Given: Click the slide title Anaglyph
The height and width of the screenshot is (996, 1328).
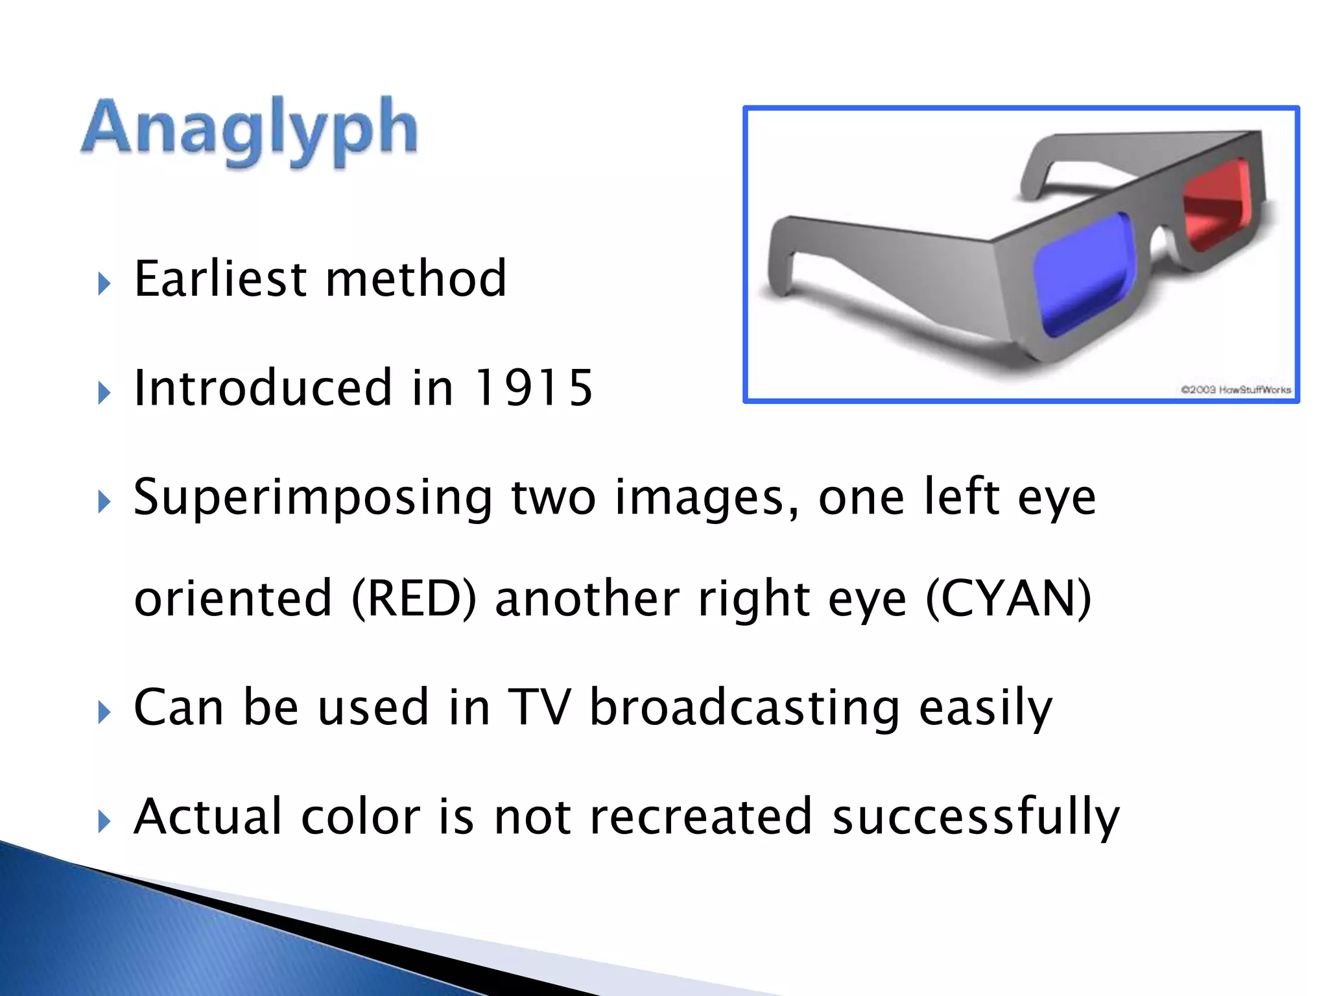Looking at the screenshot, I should pyautogui.click(x=250, y=130).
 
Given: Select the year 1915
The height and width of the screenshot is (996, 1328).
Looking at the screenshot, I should pyautogui.click(x=534, y=388).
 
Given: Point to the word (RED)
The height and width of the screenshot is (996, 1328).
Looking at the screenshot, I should pyautogui.click(x=414, y=598).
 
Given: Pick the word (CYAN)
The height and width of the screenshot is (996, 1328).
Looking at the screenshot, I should pyautogui.click(x=1009, y=598).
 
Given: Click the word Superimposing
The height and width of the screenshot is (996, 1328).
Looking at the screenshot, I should pyautogui.click(x=313, y=498).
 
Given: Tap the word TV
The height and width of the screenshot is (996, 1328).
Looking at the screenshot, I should pyautogui.click(x=539, y=707).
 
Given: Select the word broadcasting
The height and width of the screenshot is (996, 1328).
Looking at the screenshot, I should pyautogui.click(x=744, y=708).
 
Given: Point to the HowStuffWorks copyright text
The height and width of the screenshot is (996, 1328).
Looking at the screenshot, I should pyautogui.click(x=1236, y=390).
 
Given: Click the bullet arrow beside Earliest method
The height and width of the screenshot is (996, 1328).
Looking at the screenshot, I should pyautogui.click(x=104, y=284).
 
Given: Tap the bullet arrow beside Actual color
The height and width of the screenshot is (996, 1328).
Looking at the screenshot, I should pyautogui.click(x=104, y=822).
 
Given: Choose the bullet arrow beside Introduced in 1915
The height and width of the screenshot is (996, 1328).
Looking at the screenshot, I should pyautogui.click(x=104, y=393).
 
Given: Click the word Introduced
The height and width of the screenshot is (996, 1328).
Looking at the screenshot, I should pyautogui.click(x=263, y=388).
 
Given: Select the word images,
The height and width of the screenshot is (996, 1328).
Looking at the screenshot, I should pyautogui.click(x=707, y=498).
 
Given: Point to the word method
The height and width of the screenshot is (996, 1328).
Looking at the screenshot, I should pyautogui.click(x=416, y=279).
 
